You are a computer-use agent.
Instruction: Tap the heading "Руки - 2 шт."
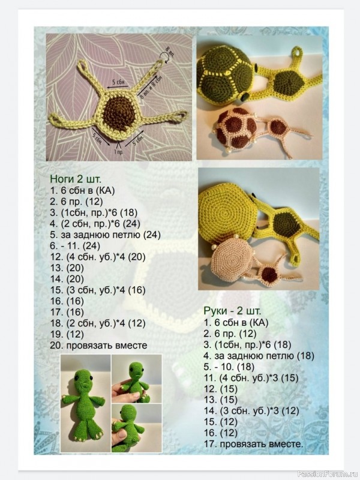pos(232,311)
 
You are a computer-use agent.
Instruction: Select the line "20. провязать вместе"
pos(98,346)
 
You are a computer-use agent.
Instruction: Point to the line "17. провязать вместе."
pos(253,444)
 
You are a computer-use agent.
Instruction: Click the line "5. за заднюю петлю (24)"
pos(106,235)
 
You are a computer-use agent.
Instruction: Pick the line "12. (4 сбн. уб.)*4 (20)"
pos(98,257)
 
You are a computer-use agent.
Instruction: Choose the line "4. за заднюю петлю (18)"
pos(259,356)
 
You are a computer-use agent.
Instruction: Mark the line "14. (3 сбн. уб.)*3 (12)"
pos(251,410)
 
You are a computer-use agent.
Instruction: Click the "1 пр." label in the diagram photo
pos(118,152)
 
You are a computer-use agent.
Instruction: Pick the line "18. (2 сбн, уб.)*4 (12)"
pos(98,323)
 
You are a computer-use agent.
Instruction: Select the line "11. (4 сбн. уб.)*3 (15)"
pos(251,378)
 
